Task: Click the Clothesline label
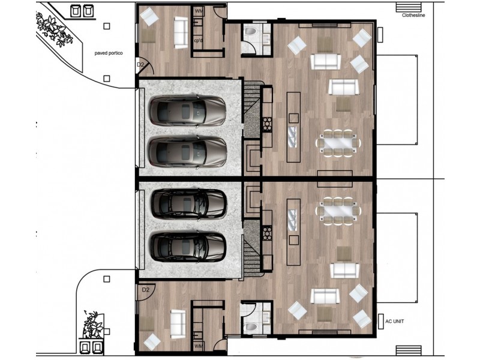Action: pos(413,15)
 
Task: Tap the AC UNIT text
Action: pos(394,321)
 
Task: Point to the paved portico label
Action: pos(109,53)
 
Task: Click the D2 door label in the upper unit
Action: pos(140,65)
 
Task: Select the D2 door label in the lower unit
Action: pos(145,290)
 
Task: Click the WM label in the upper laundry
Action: pos(199,11)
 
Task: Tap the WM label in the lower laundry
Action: pos(199,346)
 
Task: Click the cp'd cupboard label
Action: pos(199,40)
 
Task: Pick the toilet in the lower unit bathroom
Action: pos(250,326)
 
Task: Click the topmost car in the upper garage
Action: pos(188,110)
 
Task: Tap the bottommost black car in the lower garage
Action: pos(188,247)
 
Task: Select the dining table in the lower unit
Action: pos(338,211)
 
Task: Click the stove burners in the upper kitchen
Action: pos(267,125)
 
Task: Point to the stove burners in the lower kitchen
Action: pos(267,233)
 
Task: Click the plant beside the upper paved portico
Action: pos(55,29)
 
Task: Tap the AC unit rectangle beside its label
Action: pos(380,322)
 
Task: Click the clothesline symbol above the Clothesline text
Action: pos(409,7)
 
